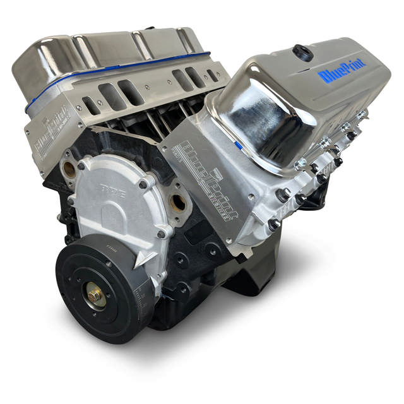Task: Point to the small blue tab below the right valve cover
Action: tap(238, 145)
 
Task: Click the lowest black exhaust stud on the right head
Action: tap(273, 223)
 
